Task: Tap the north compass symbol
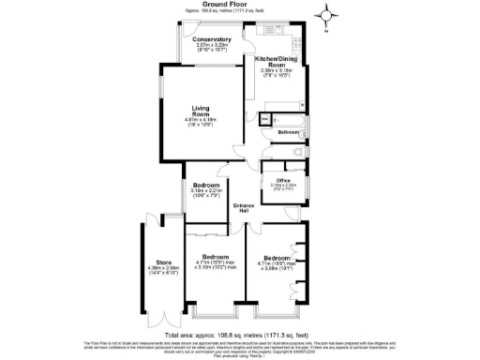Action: click(325, 15)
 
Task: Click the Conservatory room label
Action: click(212, 39)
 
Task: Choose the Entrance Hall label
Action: click(243, 208)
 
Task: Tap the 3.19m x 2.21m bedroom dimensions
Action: click(206, 193)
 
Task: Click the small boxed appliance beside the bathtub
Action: click(264, 119)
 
